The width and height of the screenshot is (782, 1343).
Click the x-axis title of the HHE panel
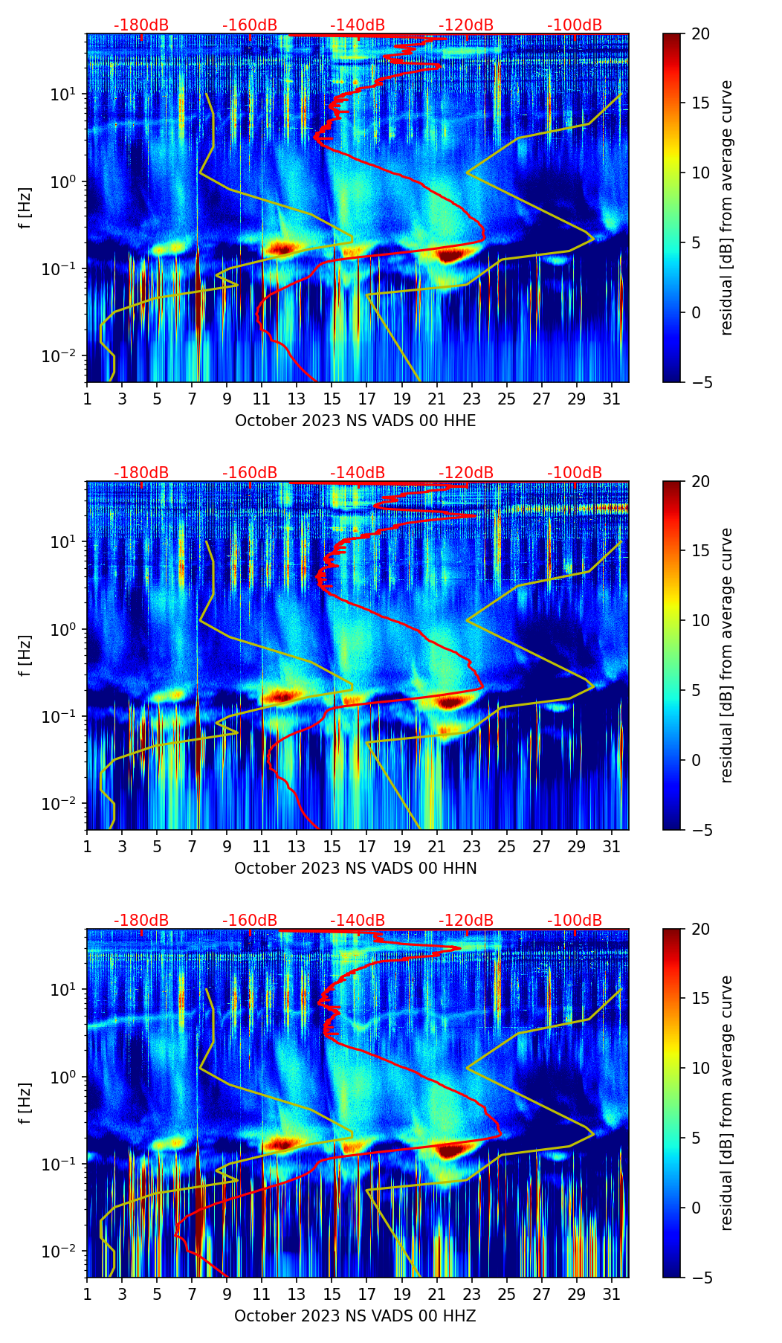355,421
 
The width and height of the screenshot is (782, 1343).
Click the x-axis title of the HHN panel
355,869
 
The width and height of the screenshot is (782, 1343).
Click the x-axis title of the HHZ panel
355,1316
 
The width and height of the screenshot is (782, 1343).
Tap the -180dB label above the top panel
141,25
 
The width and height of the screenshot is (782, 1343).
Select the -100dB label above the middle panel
575,473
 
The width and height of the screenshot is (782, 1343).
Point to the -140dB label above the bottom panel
358,921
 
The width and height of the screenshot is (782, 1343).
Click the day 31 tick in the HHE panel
611,399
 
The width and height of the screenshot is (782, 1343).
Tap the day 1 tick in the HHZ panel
87,1294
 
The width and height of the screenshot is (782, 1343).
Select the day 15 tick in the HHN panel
332,846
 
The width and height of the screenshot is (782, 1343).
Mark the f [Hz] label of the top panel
25,208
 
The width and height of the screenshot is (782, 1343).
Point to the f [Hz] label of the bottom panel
25,1104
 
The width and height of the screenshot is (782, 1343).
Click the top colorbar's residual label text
727,208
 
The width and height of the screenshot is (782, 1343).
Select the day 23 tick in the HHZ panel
471,1294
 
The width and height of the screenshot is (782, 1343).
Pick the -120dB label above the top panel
466,25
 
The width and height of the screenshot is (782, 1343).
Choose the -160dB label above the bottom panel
250,921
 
